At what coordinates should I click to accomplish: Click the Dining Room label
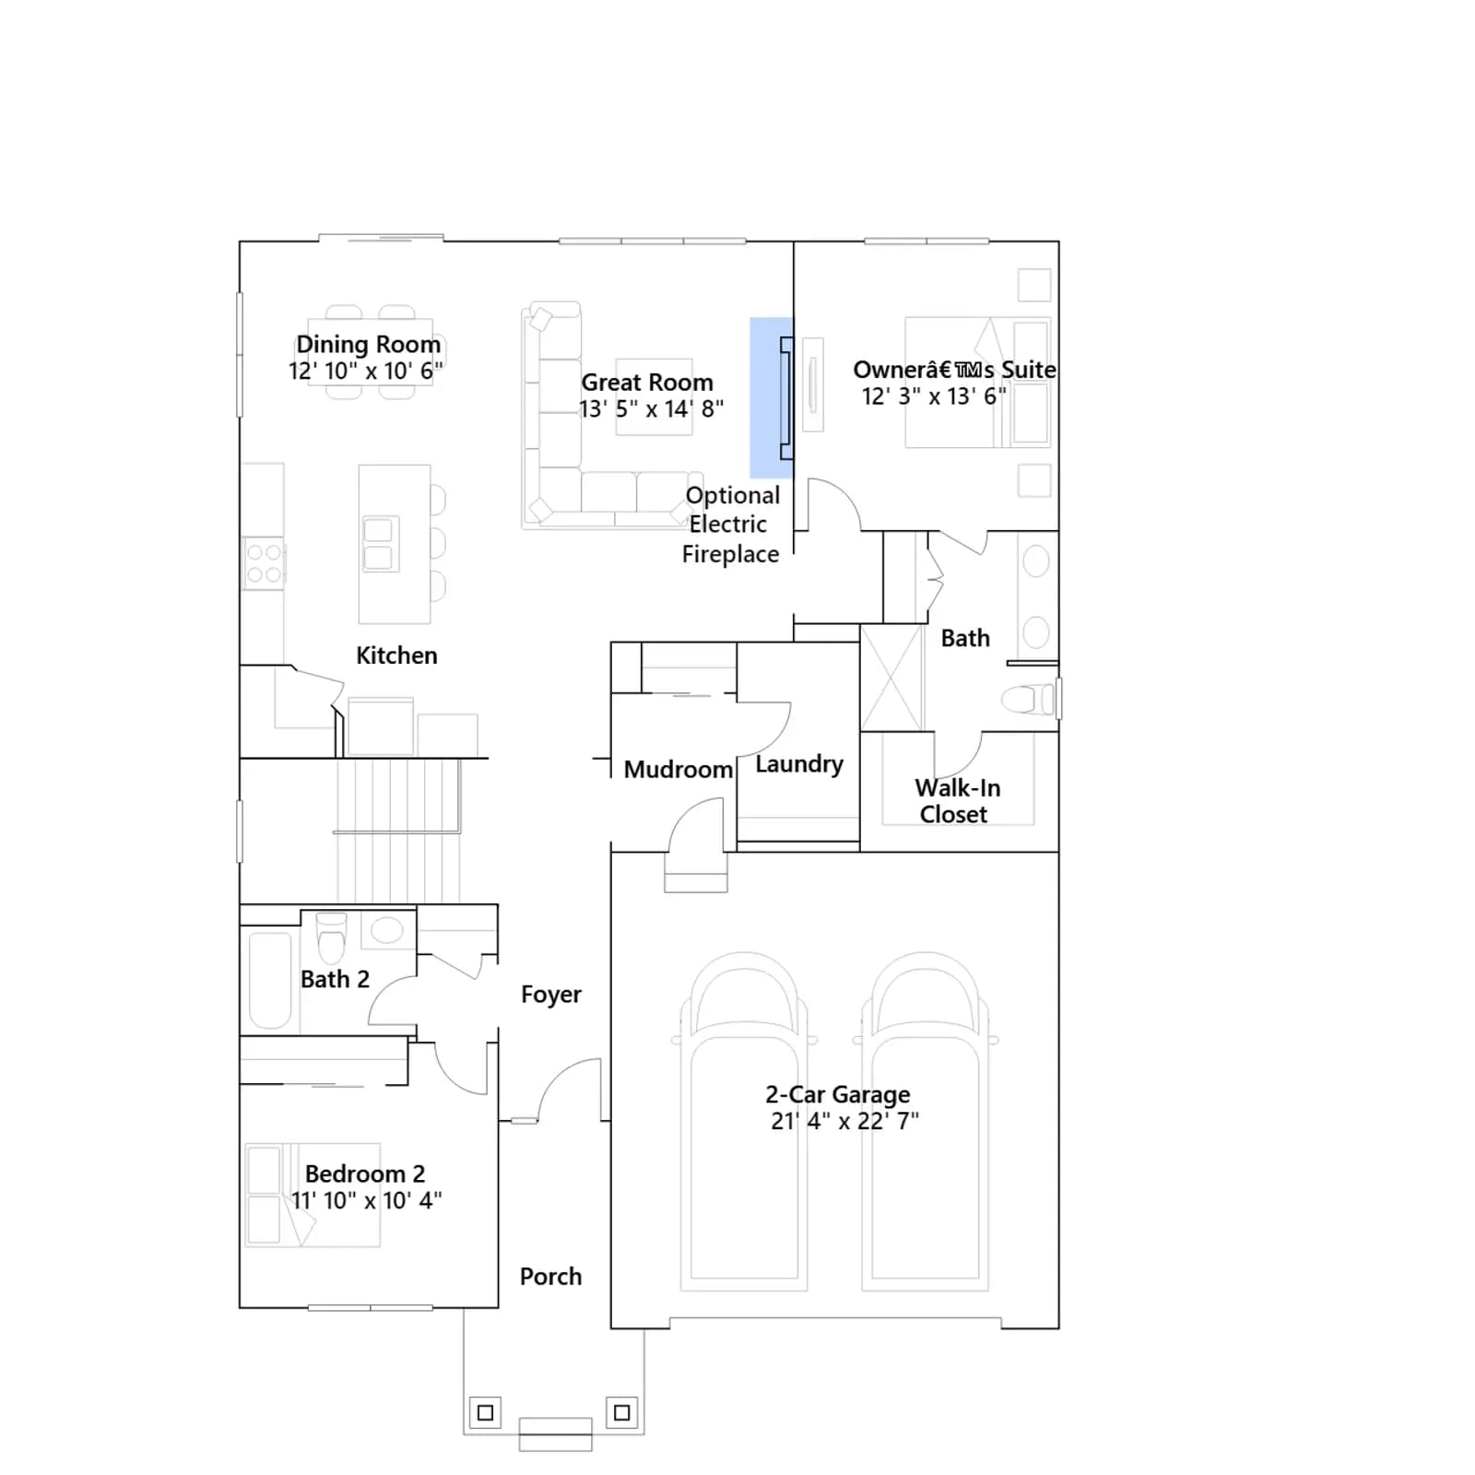[368, 344]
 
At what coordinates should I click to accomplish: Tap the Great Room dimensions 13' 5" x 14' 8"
[651, 408]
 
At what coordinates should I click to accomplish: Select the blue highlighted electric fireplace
[772, 398]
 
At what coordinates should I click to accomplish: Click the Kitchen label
[396, 655]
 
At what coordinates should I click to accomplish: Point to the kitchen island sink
[379, 544]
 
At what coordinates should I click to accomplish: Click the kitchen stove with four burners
[264, 563]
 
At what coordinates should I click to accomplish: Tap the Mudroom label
[678, 770]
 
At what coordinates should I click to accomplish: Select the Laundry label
[799, 764]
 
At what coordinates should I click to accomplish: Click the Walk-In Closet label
[957, 801]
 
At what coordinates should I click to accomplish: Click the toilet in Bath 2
[331, 937]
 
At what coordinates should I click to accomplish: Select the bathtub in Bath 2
[270, 980]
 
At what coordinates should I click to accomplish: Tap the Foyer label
[551, 995]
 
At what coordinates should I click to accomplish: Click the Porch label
[550, 1277]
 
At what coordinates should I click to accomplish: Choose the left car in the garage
[744, 1121]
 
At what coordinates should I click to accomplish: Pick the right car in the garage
[926, 1121]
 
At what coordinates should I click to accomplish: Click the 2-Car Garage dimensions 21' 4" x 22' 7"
[844, 1121]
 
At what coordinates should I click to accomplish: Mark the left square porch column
[486, 1412]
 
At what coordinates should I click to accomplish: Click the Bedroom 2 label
[365, 1174]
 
